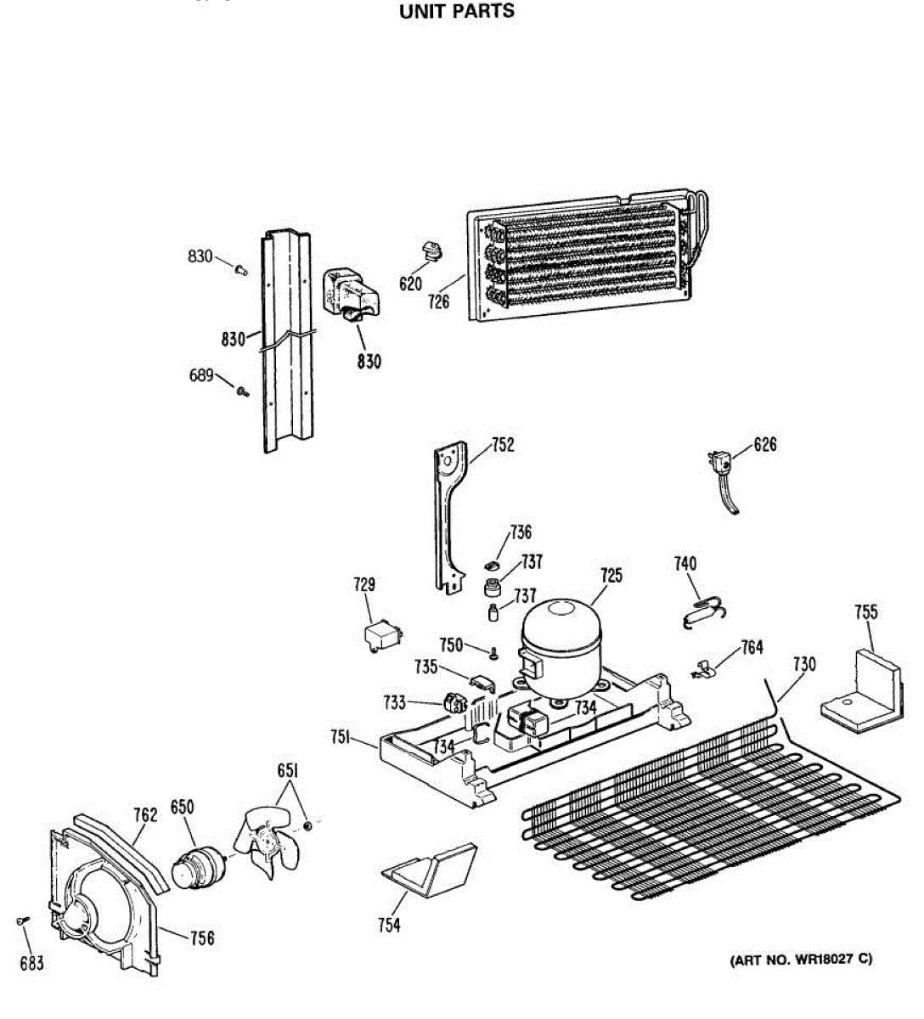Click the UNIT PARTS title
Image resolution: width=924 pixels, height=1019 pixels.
point(457,12)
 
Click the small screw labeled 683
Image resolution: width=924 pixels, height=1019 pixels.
point(22,920)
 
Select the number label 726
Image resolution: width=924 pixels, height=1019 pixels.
point(438,301)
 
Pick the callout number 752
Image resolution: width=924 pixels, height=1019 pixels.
point(503,445)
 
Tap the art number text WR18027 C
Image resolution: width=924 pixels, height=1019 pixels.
point(802,960)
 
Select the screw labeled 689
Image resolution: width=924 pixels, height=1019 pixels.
point(243,391)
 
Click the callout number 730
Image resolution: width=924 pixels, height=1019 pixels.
point(803,664)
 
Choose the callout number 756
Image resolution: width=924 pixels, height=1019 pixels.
point(201,937)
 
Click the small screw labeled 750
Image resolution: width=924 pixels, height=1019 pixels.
point(493,652)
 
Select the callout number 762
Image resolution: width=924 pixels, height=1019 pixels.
point(145,815)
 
